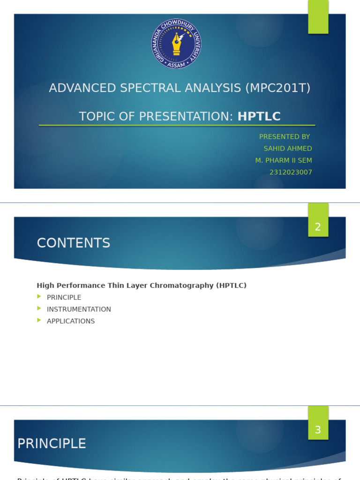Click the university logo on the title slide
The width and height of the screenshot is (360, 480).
point(176,44)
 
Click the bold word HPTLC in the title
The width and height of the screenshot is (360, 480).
point(259,117)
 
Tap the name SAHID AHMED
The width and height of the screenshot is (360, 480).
point(287,149)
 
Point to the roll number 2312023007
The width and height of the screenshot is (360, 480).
point(291,172)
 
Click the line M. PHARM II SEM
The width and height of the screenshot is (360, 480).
point(283,160)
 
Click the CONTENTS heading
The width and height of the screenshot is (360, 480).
point(74,243)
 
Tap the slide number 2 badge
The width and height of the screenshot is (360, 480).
point(318,227)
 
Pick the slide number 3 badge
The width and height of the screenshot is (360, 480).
point(318,430)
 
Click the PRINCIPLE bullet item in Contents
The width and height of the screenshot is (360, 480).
point(64,298)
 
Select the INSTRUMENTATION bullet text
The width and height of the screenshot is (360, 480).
point(79,309)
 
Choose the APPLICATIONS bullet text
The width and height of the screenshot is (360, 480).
point(71,321)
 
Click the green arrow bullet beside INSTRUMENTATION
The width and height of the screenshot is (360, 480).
point(39,308)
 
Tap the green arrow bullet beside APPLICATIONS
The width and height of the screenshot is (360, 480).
point(39,320)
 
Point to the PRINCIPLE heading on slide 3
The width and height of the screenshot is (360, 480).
point(52,444)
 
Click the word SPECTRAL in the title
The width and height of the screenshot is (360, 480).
point(151,88)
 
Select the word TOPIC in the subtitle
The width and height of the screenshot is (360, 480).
point(96,117)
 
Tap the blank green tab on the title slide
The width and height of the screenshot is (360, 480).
point(318,16)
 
